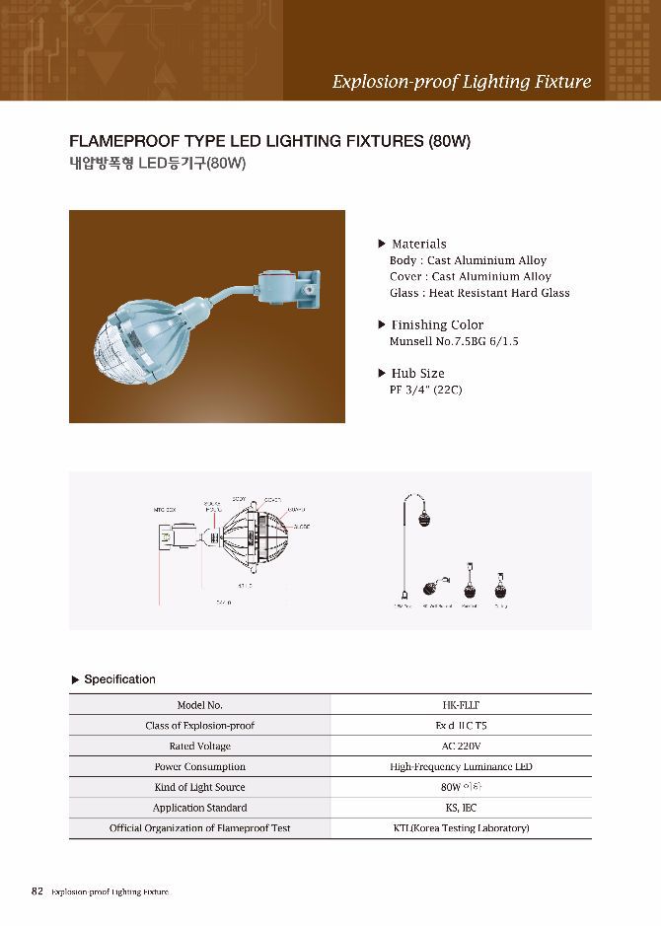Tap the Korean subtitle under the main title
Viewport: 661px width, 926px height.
tap(157, 164)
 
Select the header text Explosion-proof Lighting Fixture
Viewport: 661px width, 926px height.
tap(462, 81)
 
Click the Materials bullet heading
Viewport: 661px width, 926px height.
tap(418, 244)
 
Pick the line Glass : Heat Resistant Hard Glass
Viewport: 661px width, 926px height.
tap(479, 293)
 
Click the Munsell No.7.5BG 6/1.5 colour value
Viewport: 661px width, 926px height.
tap(454, 341)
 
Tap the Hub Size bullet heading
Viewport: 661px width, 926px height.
tap(417, 373)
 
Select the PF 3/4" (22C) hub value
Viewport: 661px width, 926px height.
tap(425, 390)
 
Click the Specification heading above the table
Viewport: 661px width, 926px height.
tap(119, 679)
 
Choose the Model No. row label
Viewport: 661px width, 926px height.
tap(199, 705)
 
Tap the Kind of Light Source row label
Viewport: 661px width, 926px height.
tap(199, 788)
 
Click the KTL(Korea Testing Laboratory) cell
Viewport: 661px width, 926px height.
tap(461, 828)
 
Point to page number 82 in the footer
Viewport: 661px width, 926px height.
tap(37, 891)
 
